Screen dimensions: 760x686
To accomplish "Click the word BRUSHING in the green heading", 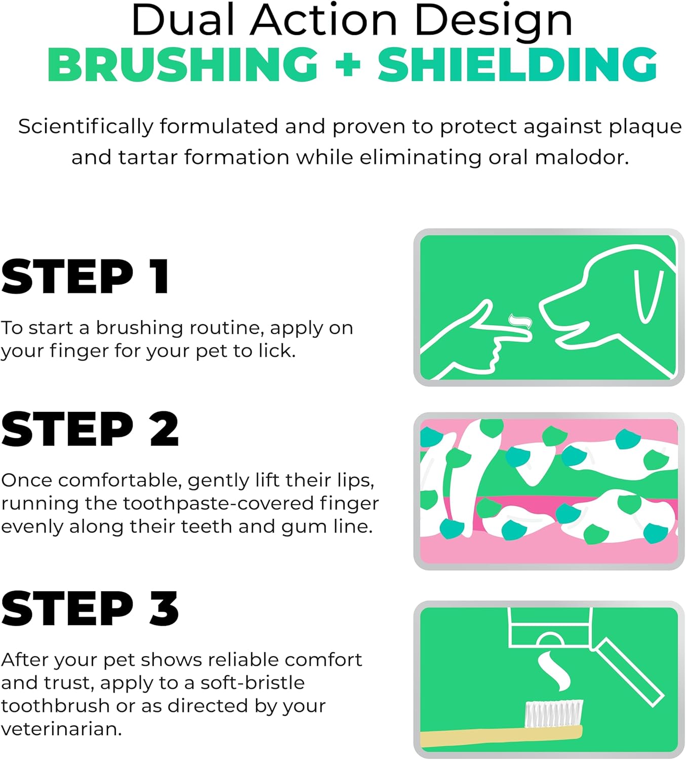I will click(x=182, y=65).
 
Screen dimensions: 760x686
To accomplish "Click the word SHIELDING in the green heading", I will click(x=517, y=65).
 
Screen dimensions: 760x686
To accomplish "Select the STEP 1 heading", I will click(x=85, y=277).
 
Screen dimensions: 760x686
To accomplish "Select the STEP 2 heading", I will click(x=90, y=429).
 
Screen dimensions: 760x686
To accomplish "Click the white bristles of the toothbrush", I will click(x=554, y=713).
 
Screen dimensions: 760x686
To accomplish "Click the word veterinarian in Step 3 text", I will click(x=61, y=729).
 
